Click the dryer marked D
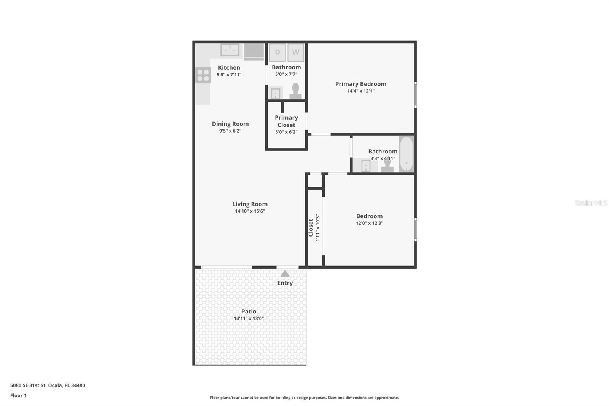pos(277,53)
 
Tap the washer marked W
pos(296,53)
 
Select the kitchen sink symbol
pos(230,50)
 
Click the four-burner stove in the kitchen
pos(203,75)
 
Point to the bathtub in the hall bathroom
pos(406,154)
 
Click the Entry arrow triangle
pos(285,273)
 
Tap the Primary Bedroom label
pos(360,84)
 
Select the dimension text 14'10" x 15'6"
pos(250,211)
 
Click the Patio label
pos(249,312)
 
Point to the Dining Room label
pos(230,124)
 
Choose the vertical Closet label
pos(311,227)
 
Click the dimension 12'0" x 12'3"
pos(369,223)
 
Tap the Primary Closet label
pos(286,121)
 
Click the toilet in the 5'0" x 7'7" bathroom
pos(295,91)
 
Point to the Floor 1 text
pos(18,395)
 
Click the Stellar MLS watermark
pos(591,203)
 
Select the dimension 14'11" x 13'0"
pos(249,318)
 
